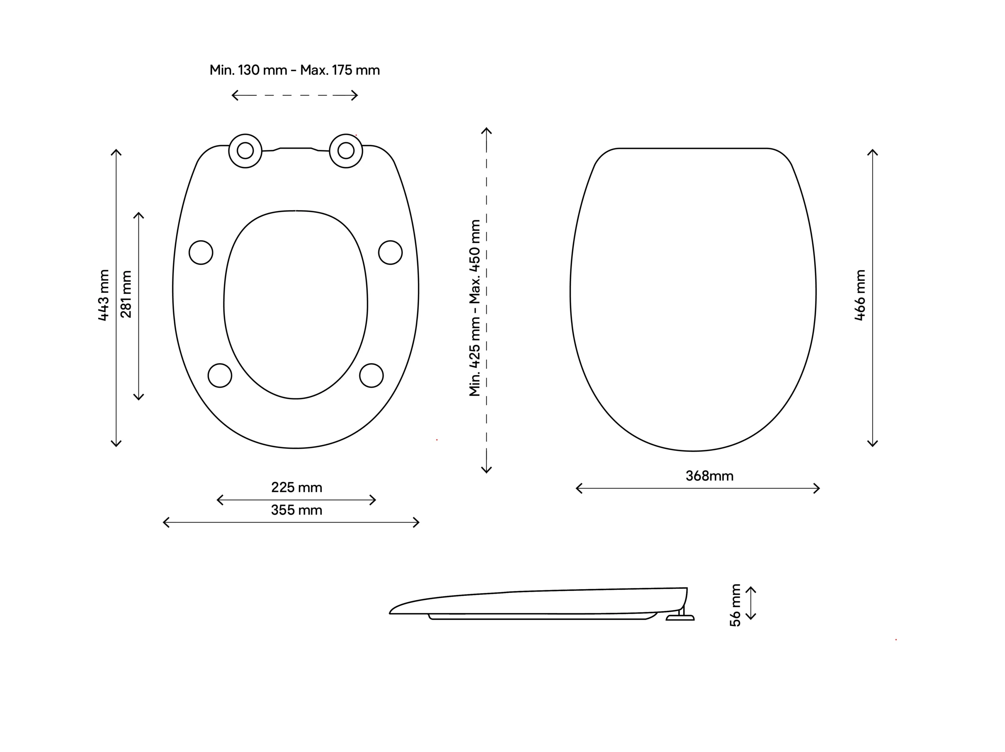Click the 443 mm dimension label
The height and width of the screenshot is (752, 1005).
(x=104, y=295)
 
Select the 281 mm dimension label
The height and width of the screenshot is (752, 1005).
(x=126, y=294)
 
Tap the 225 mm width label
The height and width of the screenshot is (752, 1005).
(x=297, y=487)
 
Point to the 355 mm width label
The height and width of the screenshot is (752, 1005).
(x=297, y=510)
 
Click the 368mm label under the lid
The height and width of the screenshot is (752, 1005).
(x=709, y=476)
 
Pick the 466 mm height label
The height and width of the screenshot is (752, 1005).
(x=860, y=295)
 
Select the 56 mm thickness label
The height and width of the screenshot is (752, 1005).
(x=735, y=605)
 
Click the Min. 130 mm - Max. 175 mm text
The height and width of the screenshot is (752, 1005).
(x=294, y=70)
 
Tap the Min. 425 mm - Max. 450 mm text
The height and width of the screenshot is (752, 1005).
(x=475, y=308)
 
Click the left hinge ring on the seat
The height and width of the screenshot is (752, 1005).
(x=245, y=151)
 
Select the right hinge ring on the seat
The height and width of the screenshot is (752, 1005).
(x=346, y=151)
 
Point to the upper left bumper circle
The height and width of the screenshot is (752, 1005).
(x=201, y=253)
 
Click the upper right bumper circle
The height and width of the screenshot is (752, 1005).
(x=390, y=253)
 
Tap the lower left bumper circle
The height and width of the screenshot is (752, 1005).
(x=220, y=375)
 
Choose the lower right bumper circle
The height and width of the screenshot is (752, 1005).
(x=371, y=375)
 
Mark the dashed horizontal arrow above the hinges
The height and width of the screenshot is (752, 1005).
(x=295, y=95)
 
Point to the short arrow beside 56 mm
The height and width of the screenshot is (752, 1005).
(x=751, y=603)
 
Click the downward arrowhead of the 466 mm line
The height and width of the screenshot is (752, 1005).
(x=872, y=444)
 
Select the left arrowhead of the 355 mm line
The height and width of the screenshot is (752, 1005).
(x=165, y=522)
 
